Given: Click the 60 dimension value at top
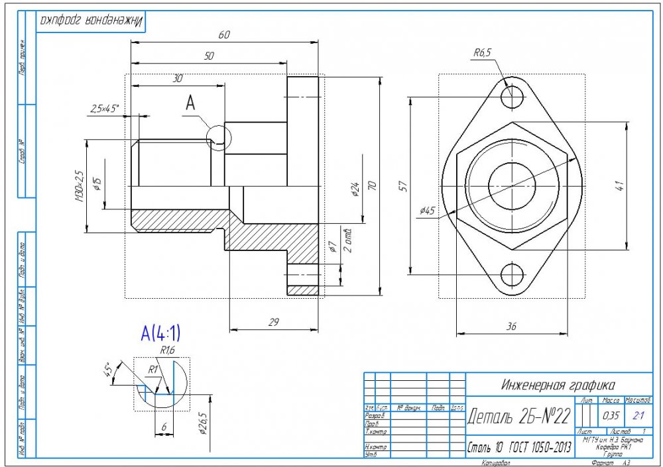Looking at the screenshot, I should [x=224, y=35].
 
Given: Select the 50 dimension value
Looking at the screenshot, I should [x=209, y=57].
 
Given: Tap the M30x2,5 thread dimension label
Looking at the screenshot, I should [x=80, y=186].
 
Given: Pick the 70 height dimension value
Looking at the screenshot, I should [x=373, y=186].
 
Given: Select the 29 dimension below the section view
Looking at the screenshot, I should [x=272, y=322].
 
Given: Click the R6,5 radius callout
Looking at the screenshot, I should [x=482, y=54].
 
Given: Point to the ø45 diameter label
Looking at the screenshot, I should [x=427, y=211].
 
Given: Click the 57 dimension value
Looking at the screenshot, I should [x=402, y=187].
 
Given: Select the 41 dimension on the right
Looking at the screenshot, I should [x=621, y=186].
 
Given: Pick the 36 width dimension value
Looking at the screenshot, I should [x=511, y=326].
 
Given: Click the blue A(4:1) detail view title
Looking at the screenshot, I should [x=160, y=333].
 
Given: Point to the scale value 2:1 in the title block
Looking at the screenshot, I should [x=639, y=415].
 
